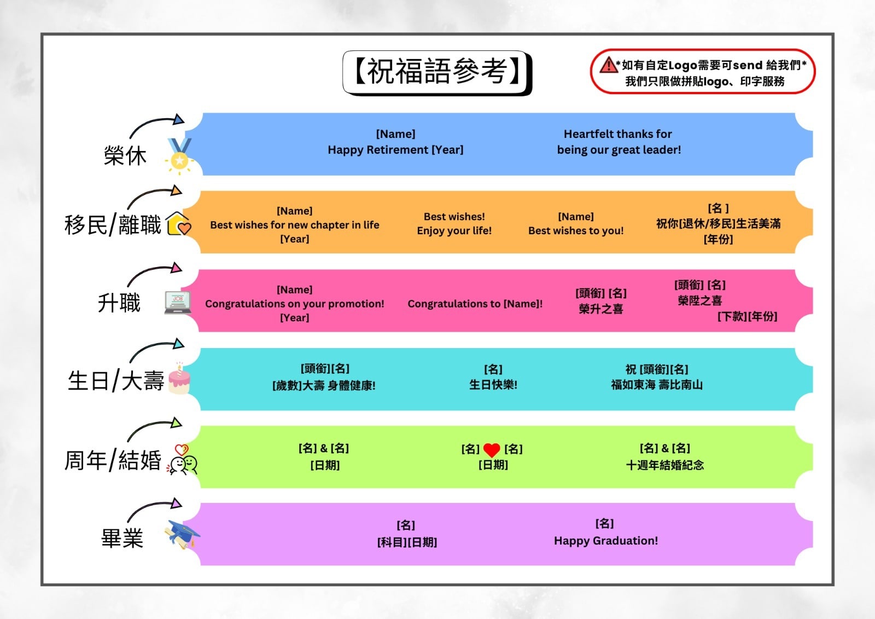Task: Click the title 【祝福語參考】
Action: (437, 72)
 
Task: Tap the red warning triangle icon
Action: (608, 65)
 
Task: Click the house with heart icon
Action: (178, 224)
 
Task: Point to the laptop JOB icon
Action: (178, 303)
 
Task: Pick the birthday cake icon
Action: (179, 378)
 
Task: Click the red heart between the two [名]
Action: (492, 450)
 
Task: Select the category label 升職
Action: (119, 303)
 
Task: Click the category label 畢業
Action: (122, 539)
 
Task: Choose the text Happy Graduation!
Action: (606, 541)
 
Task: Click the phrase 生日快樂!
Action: (493, 385)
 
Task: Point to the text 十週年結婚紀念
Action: (665, 465)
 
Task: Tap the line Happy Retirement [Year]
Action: (395, 150)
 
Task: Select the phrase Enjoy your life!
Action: (454, 230)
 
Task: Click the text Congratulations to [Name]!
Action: (475, 304)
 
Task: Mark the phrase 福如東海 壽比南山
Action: (657, 385)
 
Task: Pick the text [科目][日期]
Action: (407, 542)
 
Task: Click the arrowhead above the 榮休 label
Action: (178, 119)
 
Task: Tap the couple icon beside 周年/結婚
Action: (182, 460)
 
